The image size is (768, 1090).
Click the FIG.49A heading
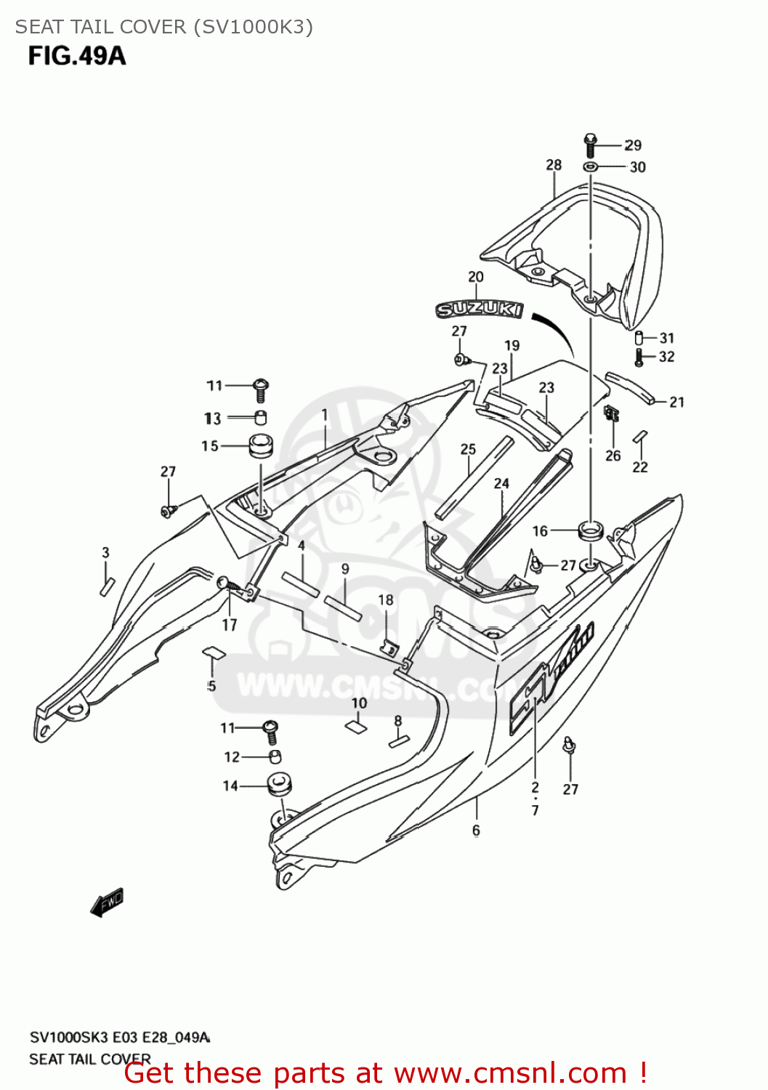pyautogui.click(x=76, y=56)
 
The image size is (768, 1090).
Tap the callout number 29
pyautogui.click(x=633, y=145)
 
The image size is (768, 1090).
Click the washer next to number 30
pyautogui.click(x=591, y=168)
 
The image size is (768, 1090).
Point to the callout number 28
pyautogui.click(x=554, y=165)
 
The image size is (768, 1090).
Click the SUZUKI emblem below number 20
pyautogui.click(x=479, y=310)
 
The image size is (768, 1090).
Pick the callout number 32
pyautogui.click(x=666, y=357)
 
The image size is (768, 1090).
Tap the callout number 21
pyautogui.click(x=676, y=402)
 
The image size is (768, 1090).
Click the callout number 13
pyautogui.click(x=212, y=419)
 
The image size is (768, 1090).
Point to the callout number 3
pyautogui.click(x=105, y=552)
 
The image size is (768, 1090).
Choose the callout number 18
pyautogui.click(x=386, y=599)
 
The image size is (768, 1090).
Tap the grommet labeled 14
pyautogui.click(x=279, y=785)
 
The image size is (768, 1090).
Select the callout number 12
pyautogui.click(x=232, y=757)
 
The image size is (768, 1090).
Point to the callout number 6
pyautogui.click(x=476, y=830)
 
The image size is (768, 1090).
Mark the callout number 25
pyautogui.click(x=468, y=449)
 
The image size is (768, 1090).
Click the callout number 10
pyautogui.click(x=359, y=703)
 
